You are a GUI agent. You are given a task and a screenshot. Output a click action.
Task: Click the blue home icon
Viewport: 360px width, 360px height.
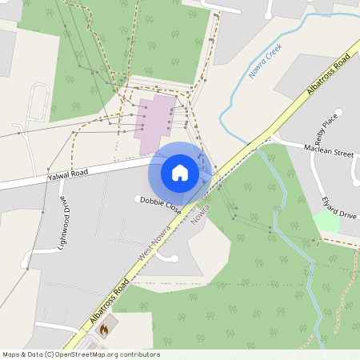click(x=180, y=172)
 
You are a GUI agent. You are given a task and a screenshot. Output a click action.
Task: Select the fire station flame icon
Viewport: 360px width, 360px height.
click(x=103, y=327)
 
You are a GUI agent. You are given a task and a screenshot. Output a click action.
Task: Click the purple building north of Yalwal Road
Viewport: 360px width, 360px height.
click(x=157, y=125)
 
